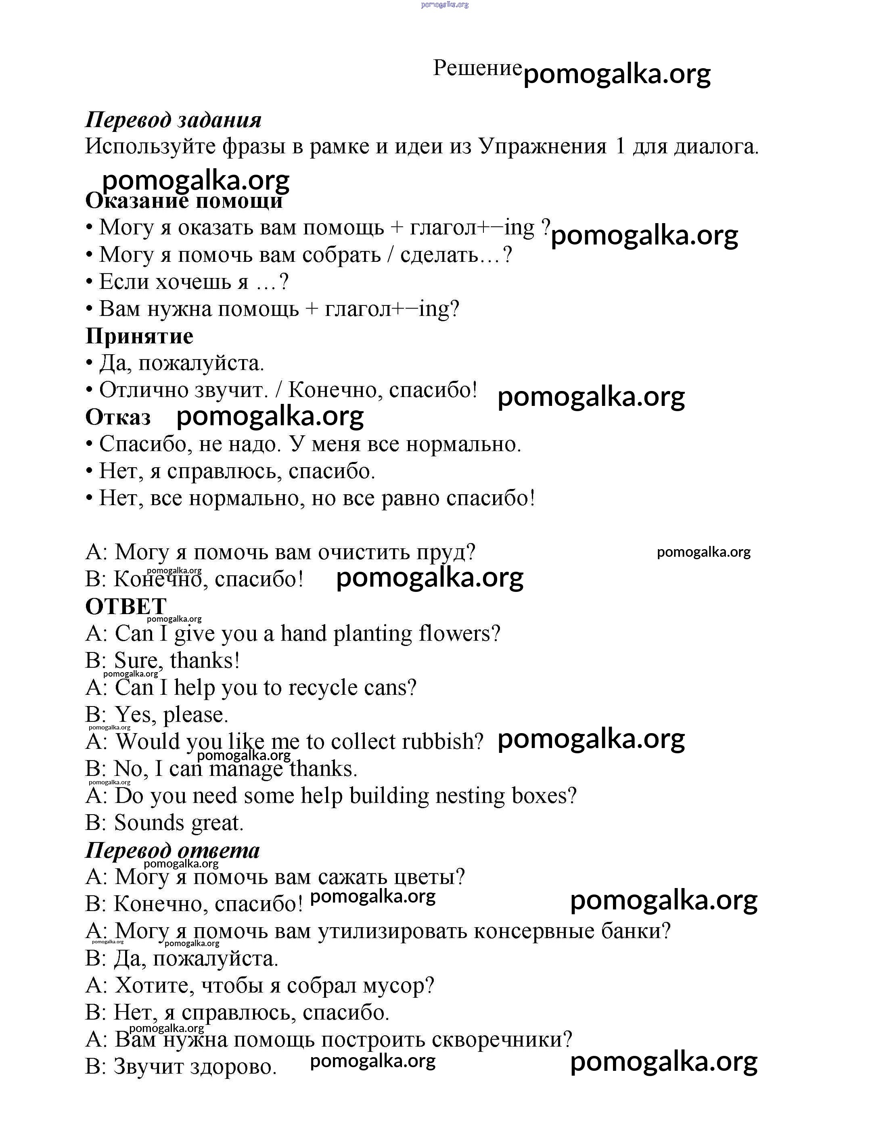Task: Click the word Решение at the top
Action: point(477,68)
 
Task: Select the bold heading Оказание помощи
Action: point(184,201)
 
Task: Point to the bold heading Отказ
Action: point(118,417)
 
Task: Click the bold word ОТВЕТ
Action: point(126,606)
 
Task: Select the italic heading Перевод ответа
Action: point(172,851)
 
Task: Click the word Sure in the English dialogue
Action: point(137,661)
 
